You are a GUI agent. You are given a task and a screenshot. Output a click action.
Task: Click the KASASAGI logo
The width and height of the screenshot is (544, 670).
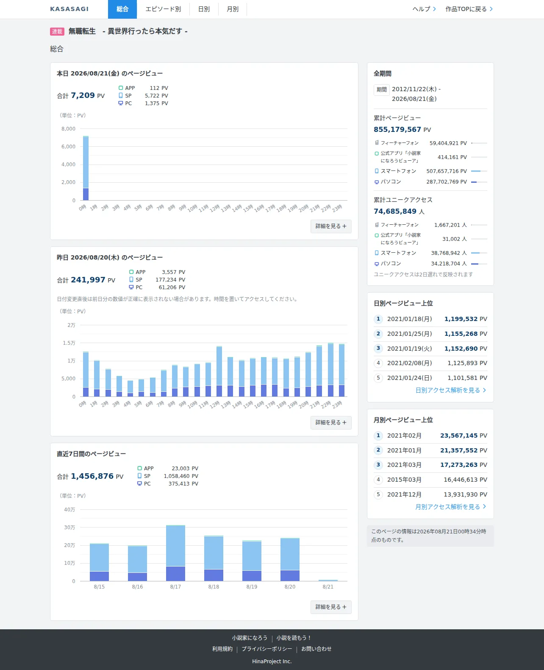pos(69,9)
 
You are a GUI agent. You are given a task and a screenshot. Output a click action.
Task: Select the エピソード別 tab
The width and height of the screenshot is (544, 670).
pos(163,9)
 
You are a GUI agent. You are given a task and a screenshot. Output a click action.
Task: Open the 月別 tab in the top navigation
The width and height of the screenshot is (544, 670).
pos(233,9)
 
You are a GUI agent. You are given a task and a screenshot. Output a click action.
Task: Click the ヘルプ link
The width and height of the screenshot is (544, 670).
pos(424,9)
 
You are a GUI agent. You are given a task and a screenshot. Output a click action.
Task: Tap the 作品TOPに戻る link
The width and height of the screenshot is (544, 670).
pos(469,9)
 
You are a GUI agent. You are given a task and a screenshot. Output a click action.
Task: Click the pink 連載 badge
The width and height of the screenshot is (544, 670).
pos(57,31)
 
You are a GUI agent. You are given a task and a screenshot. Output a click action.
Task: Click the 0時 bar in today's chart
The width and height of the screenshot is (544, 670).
pos(86,168)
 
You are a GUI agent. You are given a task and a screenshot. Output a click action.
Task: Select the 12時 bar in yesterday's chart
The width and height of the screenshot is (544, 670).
pos(219,371)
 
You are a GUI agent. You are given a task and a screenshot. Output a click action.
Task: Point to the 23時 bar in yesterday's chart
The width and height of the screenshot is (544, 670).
pos(341,370)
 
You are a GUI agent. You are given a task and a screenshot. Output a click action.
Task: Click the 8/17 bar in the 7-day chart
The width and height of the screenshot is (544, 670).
pos(176,553)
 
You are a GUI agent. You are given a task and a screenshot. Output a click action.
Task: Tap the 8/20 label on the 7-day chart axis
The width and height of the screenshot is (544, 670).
pos(290,586)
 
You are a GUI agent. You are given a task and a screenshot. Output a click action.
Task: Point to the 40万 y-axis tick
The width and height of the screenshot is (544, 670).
pos(69,510)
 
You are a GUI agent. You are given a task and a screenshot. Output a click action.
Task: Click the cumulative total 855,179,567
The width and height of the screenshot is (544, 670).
pos(397,130)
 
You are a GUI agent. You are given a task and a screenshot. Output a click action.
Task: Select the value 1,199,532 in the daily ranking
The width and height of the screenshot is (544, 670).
pos(461,319)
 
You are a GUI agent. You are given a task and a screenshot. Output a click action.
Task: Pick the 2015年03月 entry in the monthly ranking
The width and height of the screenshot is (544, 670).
pos(404,480)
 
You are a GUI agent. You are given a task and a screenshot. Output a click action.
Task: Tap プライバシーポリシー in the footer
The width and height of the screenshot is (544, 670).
pos(267,649)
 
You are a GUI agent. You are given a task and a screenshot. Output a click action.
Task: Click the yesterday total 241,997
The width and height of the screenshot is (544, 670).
pos(88,280)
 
